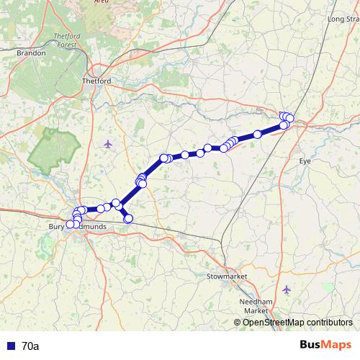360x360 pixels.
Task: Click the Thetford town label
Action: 98,81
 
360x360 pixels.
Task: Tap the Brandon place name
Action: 32,53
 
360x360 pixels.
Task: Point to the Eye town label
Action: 305,161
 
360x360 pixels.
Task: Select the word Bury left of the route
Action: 56,227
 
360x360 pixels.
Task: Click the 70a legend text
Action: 31,346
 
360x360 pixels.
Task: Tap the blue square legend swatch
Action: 10,346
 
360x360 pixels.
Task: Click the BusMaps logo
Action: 325,346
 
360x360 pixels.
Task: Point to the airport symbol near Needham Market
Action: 287,289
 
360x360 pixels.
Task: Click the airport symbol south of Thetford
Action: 108,143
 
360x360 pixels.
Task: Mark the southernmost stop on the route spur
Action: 129,218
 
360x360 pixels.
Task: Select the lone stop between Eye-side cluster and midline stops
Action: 257,135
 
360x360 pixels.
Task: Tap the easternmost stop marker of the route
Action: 290,118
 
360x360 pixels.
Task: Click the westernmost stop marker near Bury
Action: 71,225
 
